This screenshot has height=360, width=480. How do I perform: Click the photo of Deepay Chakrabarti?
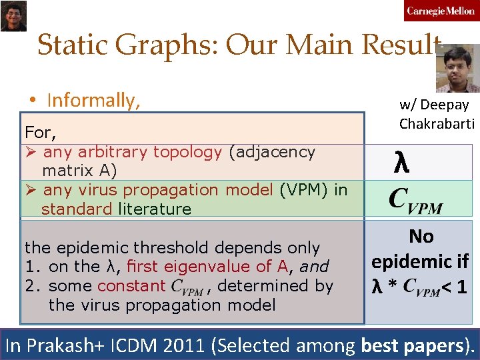[457, 68]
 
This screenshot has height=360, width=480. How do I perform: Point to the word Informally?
[93, 101]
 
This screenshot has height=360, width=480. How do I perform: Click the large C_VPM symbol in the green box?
[415, 199]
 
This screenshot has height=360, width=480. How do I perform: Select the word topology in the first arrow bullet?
[189, 152]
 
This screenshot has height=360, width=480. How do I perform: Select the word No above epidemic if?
[421, 237]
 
